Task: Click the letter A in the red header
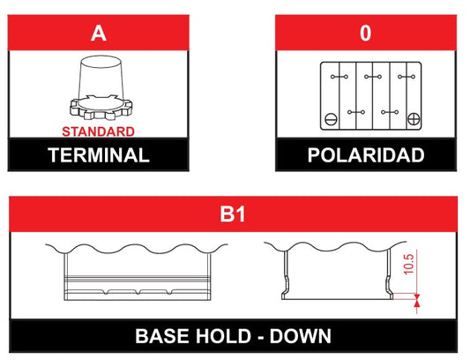[99, 34]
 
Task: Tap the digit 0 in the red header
[365, 33]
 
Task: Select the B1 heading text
[233, 214]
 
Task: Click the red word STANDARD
[98, 131]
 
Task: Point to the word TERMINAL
[99, 155]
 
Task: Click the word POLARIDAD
[366, 155]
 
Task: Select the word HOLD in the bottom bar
[223, 336]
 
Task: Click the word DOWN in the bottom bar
[301, 336]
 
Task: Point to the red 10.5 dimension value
[408, 264]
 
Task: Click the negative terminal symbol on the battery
[331, 119]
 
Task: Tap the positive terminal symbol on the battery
[413, 119]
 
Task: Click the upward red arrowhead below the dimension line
[417, 304]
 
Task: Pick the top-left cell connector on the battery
[339, 77]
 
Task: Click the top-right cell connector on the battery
[407, 77]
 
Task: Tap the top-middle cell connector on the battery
[373, 77]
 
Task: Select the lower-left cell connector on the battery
[356, 112]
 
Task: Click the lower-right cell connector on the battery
[390, 112]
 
